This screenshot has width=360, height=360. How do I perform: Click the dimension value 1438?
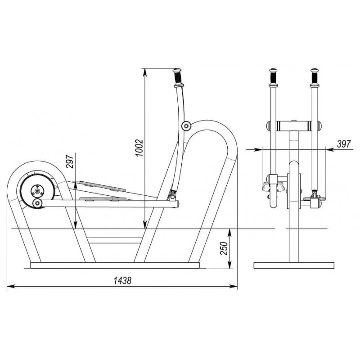(x=122, y=280)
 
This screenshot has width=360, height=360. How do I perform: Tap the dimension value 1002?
(x=139, y=148)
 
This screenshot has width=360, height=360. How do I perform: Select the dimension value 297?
(x=70, y=162)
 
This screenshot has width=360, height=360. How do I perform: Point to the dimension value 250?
(x=224, y=248)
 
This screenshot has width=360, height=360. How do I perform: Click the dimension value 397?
(x=344, y=144)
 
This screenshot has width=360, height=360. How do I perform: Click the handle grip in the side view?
(x=178, y=77)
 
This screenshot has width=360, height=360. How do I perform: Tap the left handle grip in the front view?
(x=274, y=77)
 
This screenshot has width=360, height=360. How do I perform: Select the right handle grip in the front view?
(x=314, y=77)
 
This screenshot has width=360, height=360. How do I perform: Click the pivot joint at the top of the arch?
(x=186, y=126)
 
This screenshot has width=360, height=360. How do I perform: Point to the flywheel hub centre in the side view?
(x=37, y=190)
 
